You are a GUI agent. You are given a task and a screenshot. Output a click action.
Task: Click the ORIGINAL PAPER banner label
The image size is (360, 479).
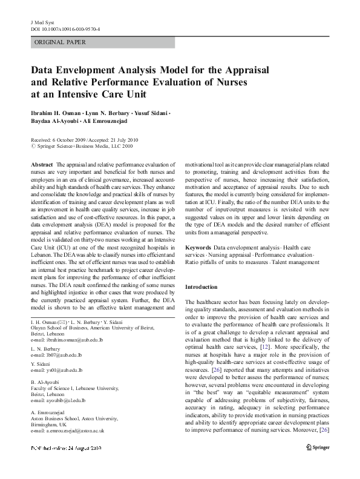(60, 42)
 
